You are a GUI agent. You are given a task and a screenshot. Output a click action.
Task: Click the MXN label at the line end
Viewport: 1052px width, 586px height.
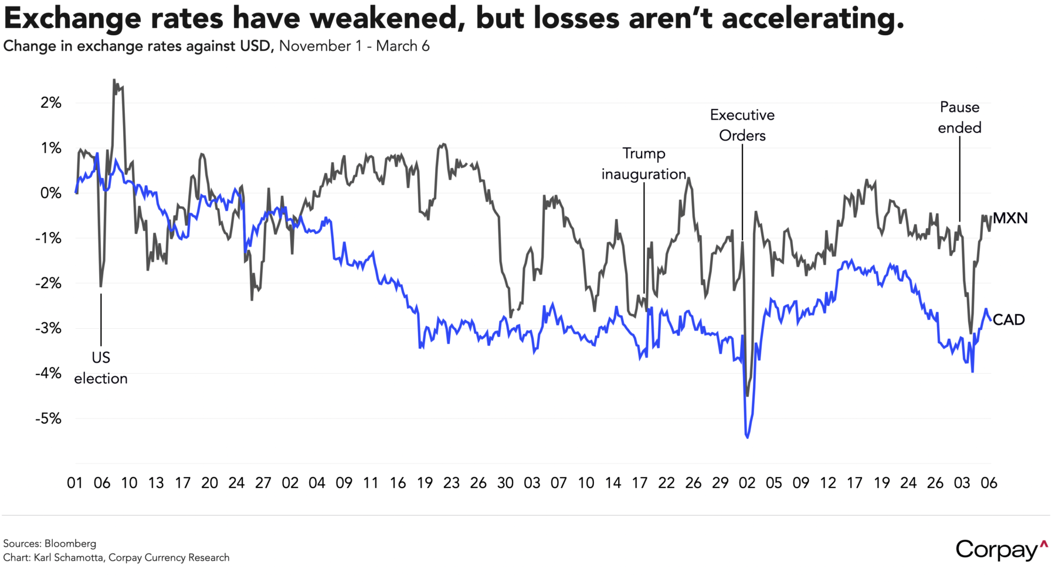coord(1010,219)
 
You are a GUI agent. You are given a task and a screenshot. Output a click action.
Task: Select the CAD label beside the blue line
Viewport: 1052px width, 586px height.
coord(1009,320)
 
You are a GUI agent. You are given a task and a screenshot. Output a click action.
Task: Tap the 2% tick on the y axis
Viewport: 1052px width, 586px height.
coord(51,103)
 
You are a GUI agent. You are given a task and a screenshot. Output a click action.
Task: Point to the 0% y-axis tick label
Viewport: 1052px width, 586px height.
coord(50,193)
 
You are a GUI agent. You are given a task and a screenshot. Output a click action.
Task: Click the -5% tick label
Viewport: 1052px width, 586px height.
coord(49,419)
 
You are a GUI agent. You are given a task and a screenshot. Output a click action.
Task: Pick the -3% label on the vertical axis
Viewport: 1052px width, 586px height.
coord(49,329)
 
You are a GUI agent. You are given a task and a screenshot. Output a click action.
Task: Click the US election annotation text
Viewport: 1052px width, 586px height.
coord(101,368)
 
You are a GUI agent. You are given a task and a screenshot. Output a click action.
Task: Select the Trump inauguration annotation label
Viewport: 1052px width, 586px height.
coord(644,164)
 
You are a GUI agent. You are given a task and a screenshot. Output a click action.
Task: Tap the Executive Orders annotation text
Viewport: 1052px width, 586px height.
coord(742,125)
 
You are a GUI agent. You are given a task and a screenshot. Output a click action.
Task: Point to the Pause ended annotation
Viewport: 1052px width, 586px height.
coord(959,117)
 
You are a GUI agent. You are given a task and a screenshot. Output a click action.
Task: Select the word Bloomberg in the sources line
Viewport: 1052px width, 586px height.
coord(70,543)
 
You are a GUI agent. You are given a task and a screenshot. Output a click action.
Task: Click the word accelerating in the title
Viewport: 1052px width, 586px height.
coord(812,19)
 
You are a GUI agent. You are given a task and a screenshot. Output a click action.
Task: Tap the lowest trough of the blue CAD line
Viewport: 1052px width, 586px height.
coord(747,437)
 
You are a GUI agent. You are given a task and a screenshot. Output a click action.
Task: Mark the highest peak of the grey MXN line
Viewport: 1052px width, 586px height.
coord(114,80)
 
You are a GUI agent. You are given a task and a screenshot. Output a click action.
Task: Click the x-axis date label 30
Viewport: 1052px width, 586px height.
coord(505,483)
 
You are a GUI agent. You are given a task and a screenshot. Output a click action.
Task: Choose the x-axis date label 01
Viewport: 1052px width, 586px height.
coord(74,483)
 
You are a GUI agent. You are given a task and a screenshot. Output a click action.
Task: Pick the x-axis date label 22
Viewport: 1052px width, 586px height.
coord(666,483)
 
